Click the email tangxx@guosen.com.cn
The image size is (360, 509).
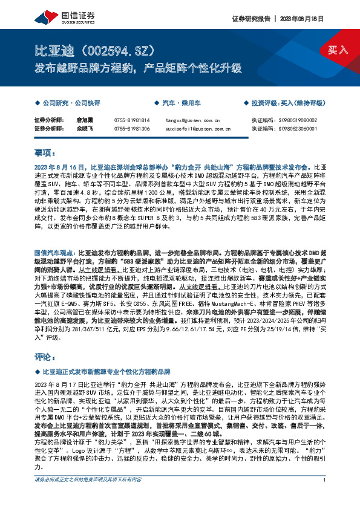185,120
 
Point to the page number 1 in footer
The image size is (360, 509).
325,496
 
